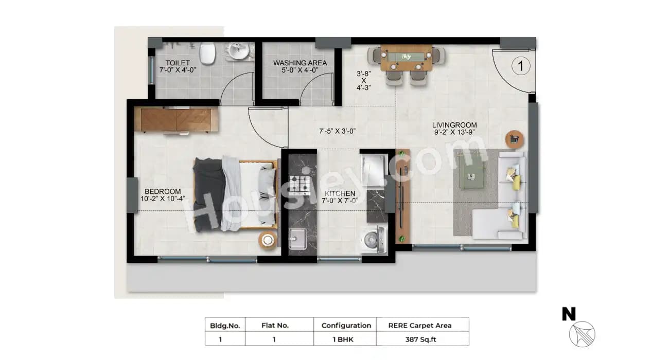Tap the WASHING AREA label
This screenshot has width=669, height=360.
[300, 63]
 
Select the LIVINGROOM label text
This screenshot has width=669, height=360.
[454, 125]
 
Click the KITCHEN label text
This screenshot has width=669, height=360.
[339, 193]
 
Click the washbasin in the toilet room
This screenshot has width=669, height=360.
[238, 51]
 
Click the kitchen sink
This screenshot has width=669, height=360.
[298, 239]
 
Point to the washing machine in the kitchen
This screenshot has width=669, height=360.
[373, 240]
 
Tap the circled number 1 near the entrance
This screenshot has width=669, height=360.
[521, 66]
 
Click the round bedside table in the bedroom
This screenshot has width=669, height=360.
[268, 240]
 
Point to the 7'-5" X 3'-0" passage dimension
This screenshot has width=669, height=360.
[338, 131]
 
